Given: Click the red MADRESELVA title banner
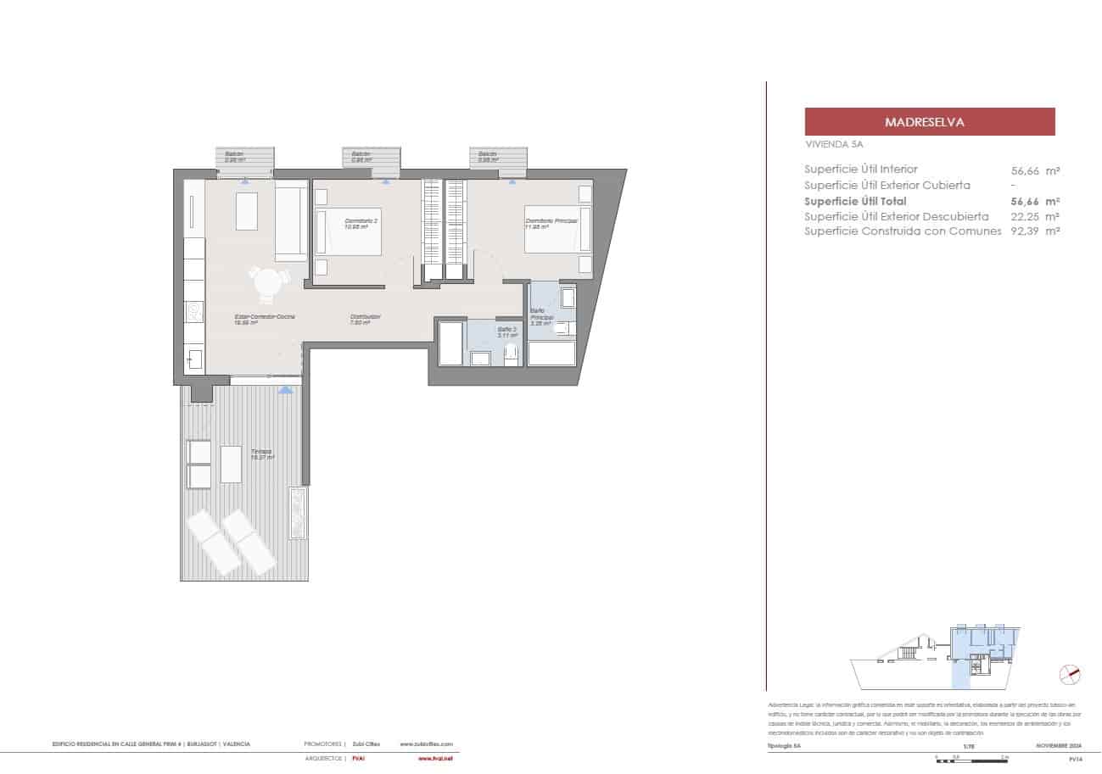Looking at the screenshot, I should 929,122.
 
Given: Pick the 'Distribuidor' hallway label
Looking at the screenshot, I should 366,317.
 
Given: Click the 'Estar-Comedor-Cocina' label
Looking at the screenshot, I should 265,317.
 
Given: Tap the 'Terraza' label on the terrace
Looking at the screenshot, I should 260,452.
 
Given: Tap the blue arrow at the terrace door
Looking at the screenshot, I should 286,389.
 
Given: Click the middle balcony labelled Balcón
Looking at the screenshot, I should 372,158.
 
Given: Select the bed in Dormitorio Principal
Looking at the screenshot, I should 557,229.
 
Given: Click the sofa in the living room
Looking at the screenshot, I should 291,222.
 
